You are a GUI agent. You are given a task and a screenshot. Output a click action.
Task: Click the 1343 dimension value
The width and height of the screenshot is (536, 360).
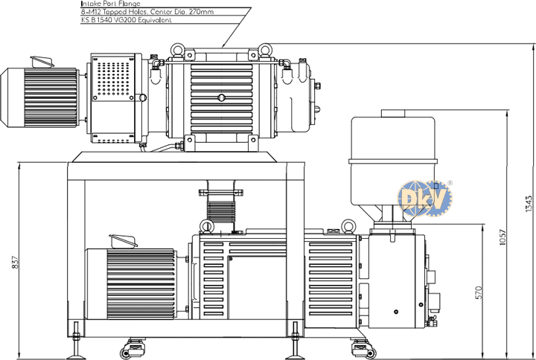point(529,204)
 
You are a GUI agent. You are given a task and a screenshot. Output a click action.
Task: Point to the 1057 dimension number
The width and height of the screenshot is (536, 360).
point(502,237)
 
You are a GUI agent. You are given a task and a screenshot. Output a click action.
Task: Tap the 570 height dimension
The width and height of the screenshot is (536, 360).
point(478,293)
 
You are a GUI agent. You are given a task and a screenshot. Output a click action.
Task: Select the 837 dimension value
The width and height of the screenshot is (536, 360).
point(16,262)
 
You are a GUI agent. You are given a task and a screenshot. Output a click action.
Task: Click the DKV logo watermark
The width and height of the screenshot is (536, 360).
point(424,198)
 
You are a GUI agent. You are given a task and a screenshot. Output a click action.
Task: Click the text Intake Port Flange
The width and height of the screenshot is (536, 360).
point(110,4)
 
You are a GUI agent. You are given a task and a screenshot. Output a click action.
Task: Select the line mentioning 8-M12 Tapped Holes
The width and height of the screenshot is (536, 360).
point(147,12)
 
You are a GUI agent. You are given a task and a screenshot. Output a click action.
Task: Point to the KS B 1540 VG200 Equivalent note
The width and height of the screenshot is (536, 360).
point(126,20)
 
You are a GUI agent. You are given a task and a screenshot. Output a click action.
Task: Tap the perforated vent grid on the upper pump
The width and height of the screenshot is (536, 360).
point(113,79)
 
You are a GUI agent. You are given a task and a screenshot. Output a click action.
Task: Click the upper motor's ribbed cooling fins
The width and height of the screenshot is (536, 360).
point(51,97)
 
